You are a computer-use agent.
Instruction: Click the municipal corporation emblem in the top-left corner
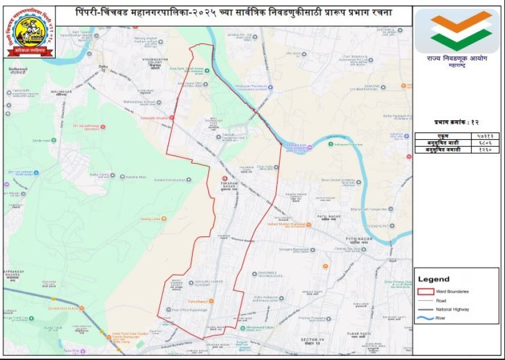click(31, 32)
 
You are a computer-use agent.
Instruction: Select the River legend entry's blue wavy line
click(425, 318)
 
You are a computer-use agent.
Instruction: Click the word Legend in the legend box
click(434, 279)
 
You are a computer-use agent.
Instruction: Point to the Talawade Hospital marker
click(172, 117)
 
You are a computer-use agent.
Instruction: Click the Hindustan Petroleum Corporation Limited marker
click(270, 87)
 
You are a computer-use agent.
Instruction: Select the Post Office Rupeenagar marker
click(168, 309)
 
